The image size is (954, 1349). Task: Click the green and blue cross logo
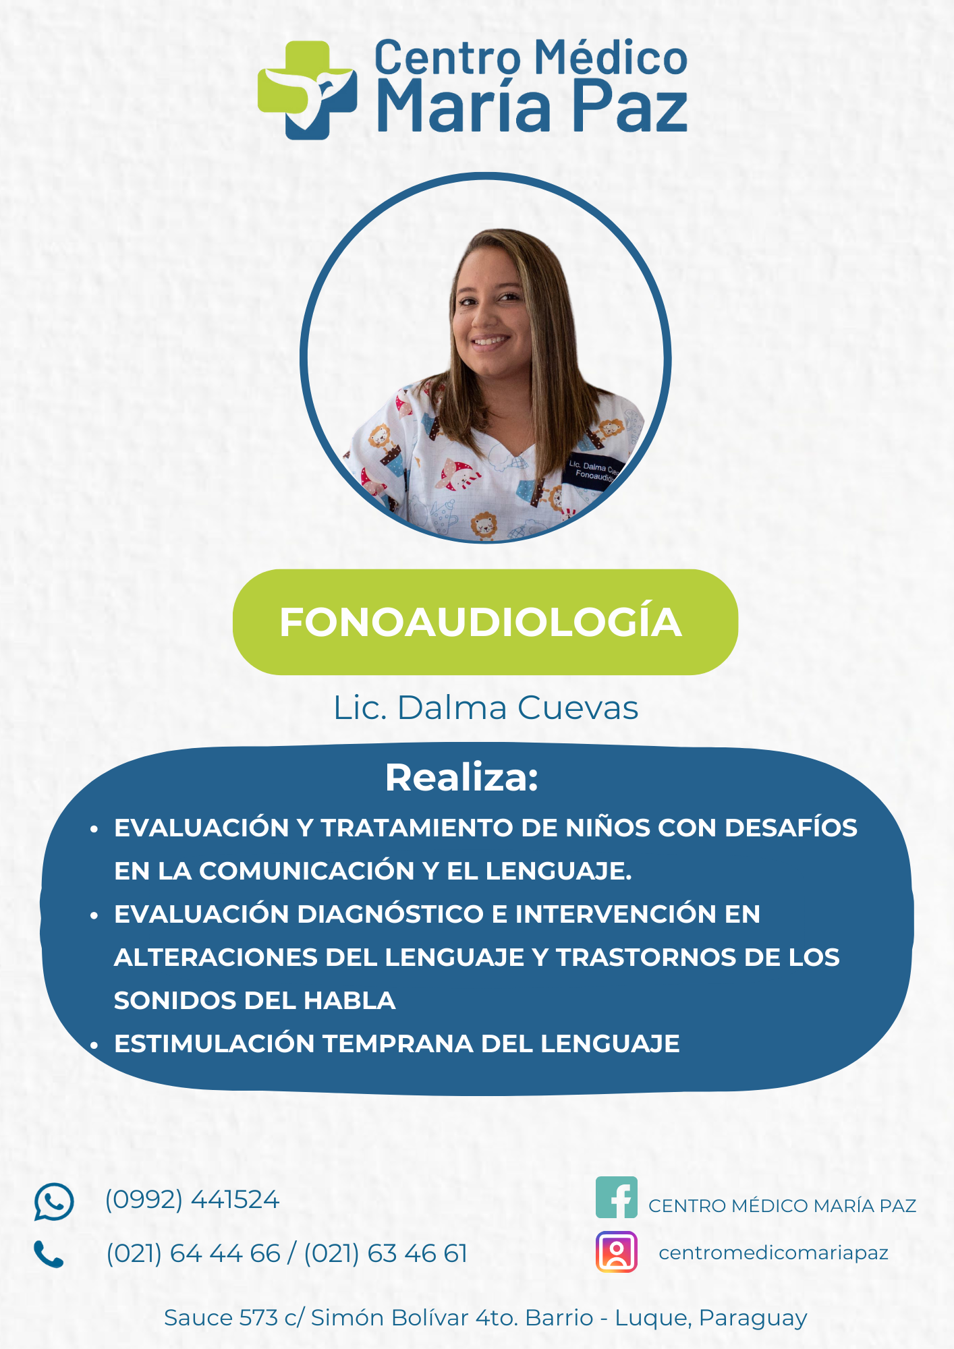[x=308, y=90]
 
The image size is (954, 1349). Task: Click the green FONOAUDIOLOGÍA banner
[x=485, y=622]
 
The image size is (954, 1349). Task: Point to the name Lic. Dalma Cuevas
[x=486, y=708]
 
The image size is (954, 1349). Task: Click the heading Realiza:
[x=462, y=777]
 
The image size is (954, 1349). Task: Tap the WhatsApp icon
[x=54, y=1201]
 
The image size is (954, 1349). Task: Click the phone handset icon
[x=49, y=1255]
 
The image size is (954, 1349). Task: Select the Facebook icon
[x=617, y=1197]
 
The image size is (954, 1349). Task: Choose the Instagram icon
[x=617, y=1252]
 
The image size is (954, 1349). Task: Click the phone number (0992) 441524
[x=192, y=1200]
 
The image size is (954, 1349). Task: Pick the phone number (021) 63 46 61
[x=386, y=1254]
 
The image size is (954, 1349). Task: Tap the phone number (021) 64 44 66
[x=193, y=1254]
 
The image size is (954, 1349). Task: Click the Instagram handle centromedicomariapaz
[x=774, y=1253]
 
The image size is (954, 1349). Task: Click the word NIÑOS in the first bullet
[x=608, y=827]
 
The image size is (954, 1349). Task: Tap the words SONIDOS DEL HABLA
[x=255, y=1000]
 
